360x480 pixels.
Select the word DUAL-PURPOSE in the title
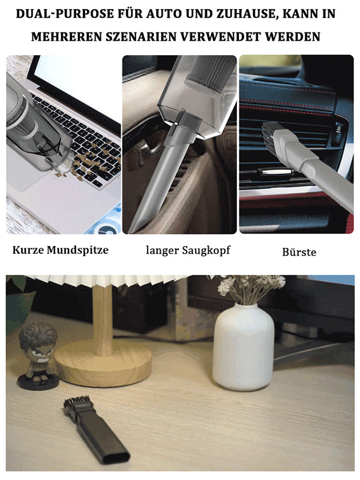pos(65,14)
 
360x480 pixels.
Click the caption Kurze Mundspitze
pos(61,250)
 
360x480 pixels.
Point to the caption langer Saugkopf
pos(188,250)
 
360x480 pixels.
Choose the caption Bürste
pos(299,252)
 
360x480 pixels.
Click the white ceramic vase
pos(244,347)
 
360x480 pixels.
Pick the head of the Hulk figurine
pos(38,340)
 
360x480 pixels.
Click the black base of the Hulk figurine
pos(38,382)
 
